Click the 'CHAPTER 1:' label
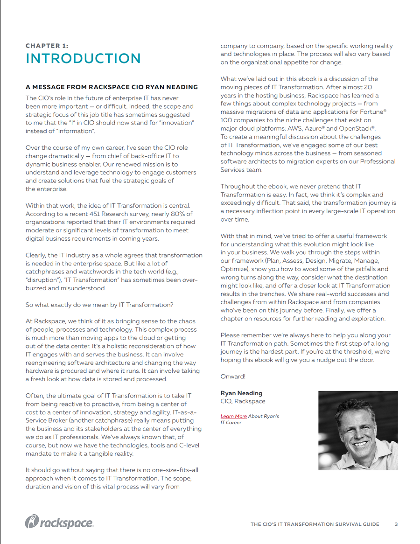coord(47,46)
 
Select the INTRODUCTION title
coord(83,59)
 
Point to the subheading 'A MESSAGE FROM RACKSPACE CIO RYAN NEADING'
coord(112,87)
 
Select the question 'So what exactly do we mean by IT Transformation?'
coord(99,305)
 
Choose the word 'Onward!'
coord(233,376)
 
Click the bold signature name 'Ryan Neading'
coord(241,393)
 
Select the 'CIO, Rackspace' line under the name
coord(243,401)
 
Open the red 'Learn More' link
coord(233,416)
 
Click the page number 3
coord(396,524)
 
